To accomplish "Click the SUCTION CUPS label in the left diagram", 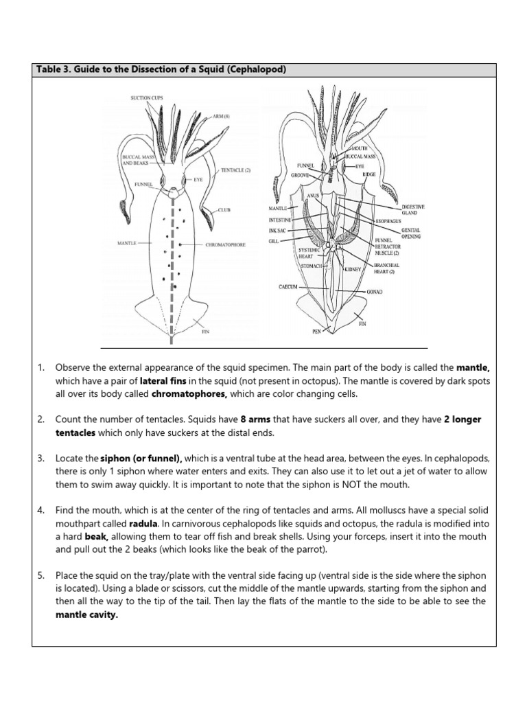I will [x=147, y=99].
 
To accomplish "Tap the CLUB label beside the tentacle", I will [x=224, y=209].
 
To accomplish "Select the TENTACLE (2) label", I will [x=236, y=170].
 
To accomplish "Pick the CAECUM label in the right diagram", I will [x=288, y=287].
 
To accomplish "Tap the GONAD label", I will [x=374, y=292].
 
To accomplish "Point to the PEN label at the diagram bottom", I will [x=316, y=330].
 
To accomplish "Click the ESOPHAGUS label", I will [x=389, y=222].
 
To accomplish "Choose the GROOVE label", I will [x=300, y=175].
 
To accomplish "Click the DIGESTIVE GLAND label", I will [x=414, y=209].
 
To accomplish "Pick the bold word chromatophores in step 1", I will [x=189, y=394].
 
